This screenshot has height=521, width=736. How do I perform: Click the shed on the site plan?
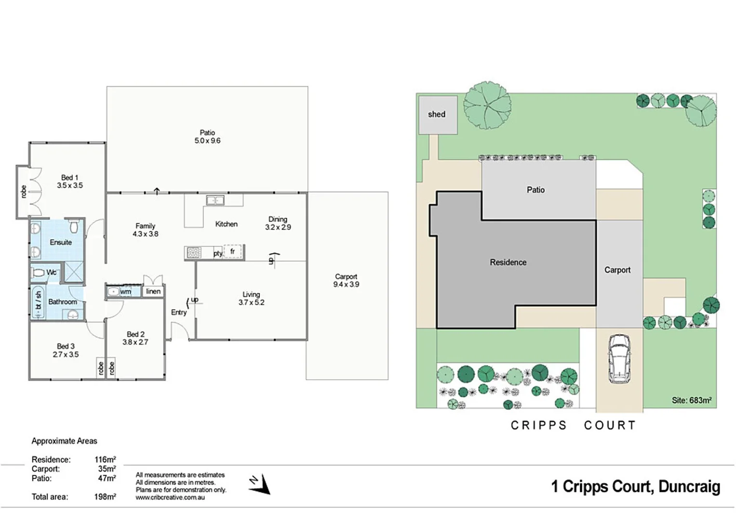click(437, 115)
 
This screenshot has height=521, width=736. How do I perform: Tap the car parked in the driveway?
click(619, 358)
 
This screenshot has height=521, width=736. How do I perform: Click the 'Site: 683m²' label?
click(691, 400)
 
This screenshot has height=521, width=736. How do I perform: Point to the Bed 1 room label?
click(69, 181)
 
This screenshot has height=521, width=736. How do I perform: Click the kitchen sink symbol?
click(215, 200)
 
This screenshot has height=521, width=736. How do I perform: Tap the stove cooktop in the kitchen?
click(194, 253)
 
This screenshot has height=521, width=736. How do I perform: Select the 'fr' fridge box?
click(232, 251)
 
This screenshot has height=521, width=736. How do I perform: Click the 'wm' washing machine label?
click(125, 291)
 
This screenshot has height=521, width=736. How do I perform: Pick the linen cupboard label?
click(153, 291)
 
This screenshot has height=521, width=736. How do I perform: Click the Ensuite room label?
click(61, 242)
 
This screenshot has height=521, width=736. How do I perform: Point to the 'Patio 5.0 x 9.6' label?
click(207, 137)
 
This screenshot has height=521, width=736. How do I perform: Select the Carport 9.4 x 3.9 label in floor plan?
click(346, 280)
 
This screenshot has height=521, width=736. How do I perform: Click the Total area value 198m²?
click(105, 497)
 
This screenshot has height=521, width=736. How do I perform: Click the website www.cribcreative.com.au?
click(170, 497)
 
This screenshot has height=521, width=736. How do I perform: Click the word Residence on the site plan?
click(508, 262)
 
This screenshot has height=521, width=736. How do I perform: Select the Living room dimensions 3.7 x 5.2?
click(251, 302)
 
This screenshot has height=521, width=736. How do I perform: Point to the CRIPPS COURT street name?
click(574, 425)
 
